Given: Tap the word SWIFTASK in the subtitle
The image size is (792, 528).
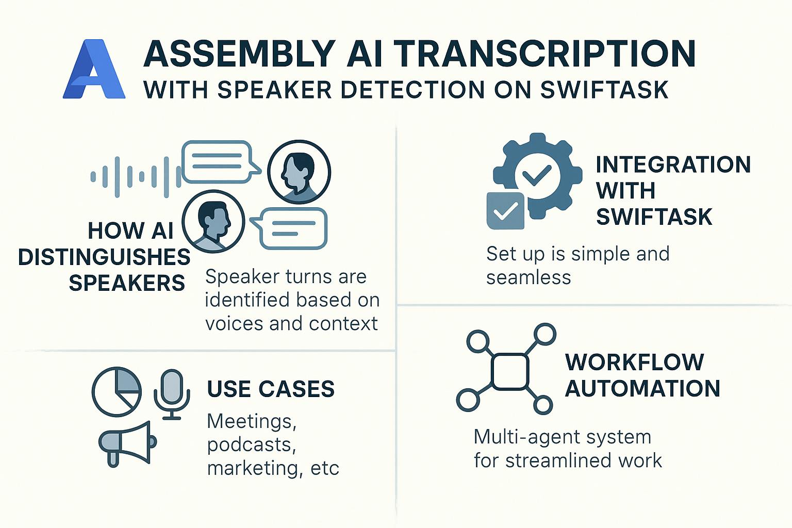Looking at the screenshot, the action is pos(604,90).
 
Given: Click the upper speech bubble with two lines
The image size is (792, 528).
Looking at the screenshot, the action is pos(221,161).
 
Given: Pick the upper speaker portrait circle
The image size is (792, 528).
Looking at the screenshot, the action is pos(299,172).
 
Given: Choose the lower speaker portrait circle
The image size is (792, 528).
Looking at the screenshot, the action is pos(213,222).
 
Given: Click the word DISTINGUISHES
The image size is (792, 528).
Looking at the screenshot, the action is pos(104,257).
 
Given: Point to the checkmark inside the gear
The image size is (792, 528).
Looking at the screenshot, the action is pos(537,175).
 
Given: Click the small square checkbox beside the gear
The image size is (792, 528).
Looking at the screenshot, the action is pos(505,211).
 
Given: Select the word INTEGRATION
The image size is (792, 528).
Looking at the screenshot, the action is pos(673,164).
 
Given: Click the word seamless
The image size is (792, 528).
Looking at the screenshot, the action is pos(529,277).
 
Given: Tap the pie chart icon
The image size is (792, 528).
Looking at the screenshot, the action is pos(117,392).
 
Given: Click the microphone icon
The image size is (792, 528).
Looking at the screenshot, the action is pos(172,394).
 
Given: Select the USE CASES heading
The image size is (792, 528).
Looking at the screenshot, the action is pos(271,389).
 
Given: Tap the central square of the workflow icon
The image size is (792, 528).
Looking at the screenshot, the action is pos(510,372).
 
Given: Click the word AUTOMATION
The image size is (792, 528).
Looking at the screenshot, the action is pos(642,389).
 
